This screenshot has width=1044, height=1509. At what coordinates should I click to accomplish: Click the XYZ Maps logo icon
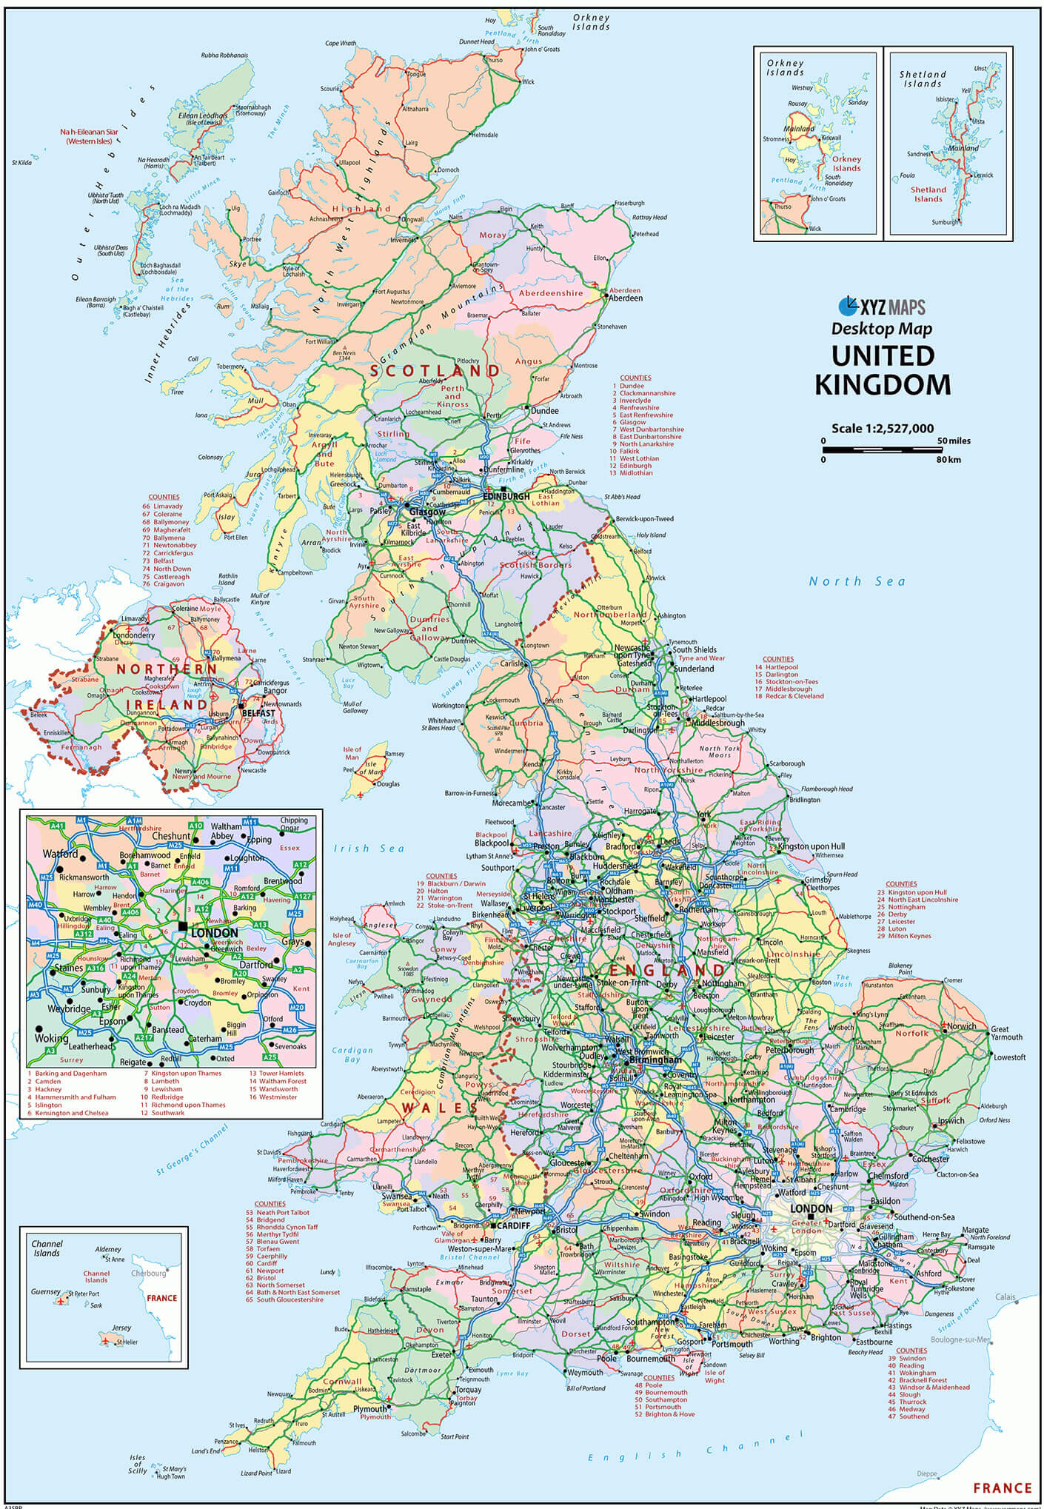point(849,306)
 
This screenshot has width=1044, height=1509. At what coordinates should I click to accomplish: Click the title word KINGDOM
point(883,385)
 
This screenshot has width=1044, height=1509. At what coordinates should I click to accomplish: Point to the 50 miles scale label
point(953,441)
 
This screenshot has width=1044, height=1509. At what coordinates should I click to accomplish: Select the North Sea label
point(857,581)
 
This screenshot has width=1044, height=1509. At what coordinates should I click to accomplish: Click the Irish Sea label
point(369,849)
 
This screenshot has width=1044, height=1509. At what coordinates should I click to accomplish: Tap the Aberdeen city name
point(625,298)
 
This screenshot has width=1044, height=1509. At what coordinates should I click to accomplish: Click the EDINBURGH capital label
point(506,496)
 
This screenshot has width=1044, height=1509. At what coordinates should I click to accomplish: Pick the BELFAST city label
point(258,713)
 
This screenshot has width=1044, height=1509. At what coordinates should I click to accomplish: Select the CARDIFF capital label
point(513,1225)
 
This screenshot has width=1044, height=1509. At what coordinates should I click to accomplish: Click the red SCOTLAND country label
point(435,370)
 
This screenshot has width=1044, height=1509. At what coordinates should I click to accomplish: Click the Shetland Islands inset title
point(923,79)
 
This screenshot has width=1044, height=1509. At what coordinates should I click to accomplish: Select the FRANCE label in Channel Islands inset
point(161,1297)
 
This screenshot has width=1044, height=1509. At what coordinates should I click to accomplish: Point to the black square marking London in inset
point(183,926)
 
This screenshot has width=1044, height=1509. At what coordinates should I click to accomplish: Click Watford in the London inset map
point(60,854)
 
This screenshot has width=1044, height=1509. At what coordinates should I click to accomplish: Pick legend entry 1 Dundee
point(631,386)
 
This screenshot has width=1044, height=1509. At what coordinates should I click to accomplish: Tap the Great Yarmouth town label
point(1005,1033)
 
